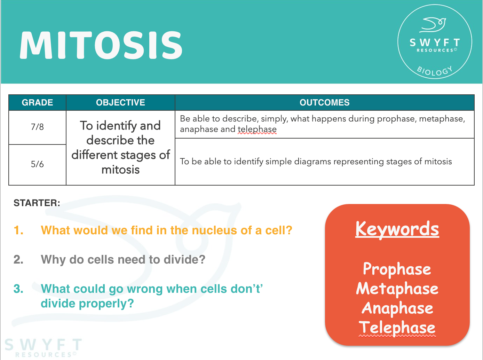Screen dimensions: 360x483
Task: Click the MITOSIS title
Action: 101,45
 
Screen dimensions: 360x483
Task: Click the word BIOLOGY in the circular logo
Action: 435,71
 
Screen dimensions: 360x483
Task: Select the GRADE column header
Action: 37,103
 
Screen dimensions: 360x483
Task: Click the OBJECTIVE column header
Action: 120,103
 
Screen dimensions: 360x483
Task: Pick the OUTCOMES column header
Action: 324,103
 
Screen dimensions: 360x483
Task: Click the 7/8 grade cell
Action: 37,127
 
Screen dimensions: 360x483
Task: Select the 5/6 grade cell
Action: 37,164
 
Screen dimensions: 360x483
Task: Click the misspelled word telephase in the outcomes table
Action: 257,130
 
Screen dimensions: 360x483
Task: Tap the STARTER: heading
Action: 37,203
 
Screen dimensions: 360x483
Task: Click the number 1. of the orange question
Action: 18,230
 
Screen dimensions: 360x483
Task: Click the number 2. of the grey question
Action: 18,260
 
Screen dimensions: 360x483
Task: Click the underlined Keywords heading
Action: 397,229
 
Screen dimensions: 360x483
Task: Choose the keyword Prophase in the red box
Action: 397,269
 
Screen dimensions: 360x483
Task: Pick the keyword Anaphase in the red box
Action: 397,308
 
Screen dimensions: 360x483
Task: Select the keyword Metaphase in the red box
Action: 397,289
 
